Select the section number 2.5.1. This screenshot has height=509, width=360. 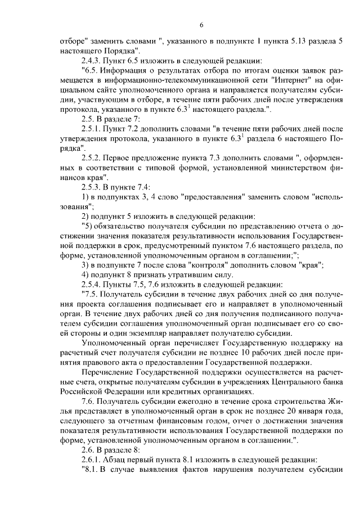93,130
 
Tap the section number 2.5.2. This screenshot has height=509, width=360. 93,157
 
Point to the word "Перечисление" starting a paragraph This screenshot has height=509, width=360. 109,372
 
